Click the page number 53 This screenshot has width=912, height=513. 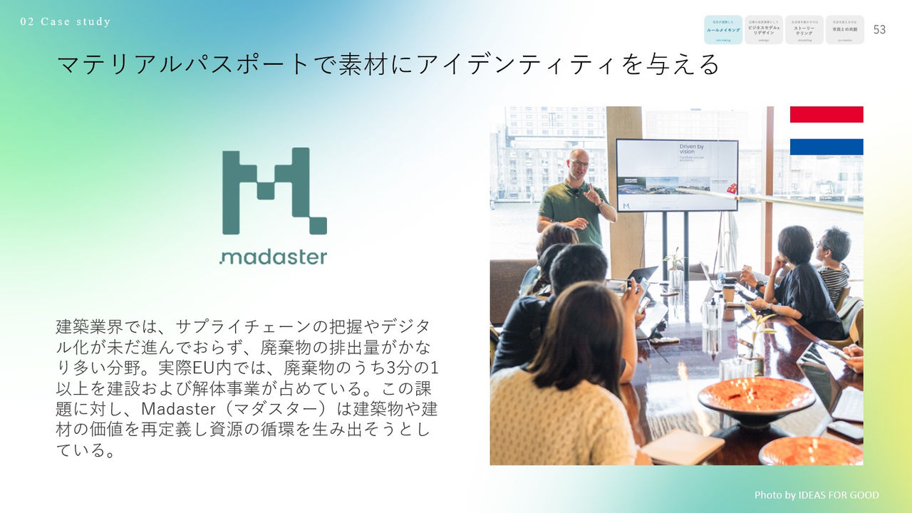(x=879, y=30)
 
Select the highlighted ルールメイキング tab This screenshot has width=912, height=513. (x=723, y=30)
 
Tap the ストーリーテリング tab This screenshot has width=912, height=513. (x=804, y=30)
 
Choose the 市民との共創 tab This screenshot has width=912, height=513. (x=845, y=30)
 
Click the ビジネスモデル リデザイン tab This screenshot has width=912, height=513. (x=764, y=30)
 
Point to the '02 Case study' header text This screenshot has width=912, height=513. (x=66, y=21)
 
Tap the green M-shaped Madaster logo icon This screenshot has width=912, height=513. (x=274, y=191)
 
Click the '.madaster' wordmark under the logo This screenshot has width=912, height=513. (x=273, y=256)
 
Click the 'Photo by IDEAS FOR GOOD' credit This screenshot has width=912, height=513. (x=817, y=494)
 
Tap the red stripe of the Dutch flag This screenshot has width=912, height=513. (x=826, y=114)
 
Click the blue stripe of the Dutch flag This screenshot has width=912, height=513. (x=826, y=147)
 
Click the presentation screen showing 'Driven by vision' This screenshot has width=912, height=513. (x=676, y=175)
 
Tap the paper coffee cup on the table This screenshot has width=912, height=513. (x=727, y=292)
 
